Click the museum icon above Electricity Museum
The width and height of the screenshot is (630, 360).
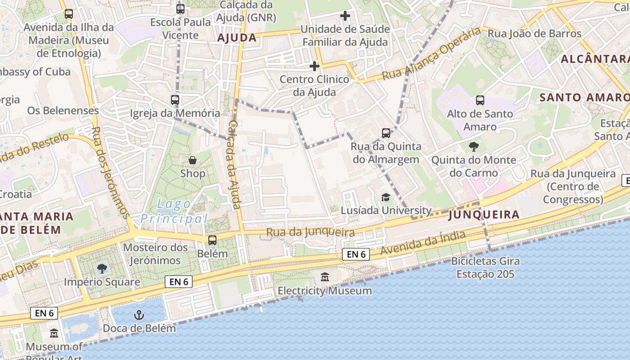tap(325, 277)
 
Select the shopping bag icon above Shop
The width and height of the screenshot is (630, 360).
tap(193, 160)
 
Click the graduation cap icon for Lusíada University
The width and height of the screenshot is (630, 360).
tap(386, 197)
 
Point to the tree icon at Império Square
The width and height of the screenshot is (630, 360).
tap(102, 269)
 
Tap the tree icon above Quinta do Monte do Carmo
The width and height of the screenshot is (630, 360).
tap(473, 146)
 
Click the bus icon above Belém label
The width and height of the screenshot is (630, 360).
tap(212, 240)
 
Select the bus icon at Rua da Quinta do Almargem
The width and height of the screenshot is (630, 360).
tap(386, 133)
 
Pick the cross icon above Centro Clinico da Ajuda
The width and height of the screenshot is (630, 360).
tap(315, 67)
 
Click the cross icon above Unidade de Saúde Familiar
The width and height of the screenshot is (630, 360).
tap(345, 16)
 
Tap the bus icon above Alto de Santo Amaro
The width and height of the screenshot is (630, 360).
tap(480, 100)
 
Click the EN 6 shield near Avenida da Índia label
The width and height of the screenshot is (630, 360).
tap(355, 254)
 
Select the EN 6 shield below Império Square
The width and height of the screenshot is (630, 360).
tap(179, 282)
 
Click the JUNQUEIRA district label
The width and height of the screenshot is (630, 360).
tap(484, 215)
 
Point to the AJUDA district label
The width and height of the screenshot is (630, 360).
tap(237, 38)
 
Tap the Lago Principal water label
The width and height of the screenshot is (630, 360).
tap(174, 211)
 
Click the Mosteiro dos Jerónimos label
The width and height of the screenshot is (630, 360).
tap(155, 254)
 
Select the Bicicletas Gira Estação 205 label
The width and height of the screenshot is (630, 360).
tap(485, 267)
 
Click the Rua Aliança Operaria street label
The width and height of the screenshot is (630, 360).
tap(431, 54)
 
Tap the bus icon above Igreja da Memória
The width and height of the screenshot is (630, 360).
tap(175, 100)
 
